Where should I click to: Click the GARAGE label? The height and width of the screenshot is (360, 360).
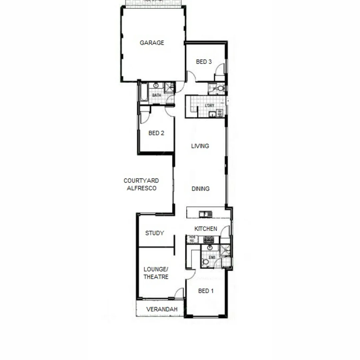[x=152, y=43]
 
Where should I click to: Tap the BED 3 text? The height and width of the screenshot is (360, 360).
[x=204, y=62]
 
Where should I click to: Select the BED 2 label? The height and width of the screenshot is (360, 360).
[x=156, y=133]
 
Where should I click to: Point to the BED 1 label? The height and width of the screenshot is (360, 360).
[x=206, y=291]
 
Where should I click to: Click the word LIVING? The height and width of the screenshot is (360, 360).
[x=200, y=146]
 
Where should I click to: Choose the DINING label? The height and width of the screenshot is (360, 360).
[x=200, y=189]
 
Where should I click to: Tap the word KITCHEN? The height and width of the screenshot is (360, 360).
[x=206, y=229]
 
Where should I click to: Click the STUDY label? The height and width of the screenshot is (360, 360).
[x=154, y=233]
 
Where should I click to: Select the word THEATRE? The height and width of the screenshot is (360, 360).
[x=156, y=277]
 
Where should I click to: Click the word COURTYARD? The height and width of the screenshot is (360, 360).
[x=141, y=181]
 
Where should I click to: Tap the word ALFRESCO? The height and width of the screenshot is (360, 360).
[x=142, y=188]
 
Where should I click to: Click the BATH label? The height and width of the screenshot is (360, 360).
[x=157, y=95]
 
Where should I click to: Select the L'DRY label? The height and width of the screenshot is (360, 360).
[x=210, y=106]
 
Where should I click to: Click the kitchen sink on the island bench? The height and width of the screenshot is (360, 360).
[x=205, y=214]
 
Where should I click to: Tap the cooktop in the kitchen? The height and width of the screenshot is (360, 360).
[x=208, y=239]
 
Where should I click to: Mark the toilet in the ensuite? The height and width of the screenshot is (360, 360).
[x=205, y=262]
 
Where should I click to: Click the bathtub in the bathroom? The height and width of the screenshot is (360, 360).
[x=144, y=92]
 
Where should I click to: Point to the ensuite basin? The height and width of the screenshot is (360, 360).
[x=210, y=248]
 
